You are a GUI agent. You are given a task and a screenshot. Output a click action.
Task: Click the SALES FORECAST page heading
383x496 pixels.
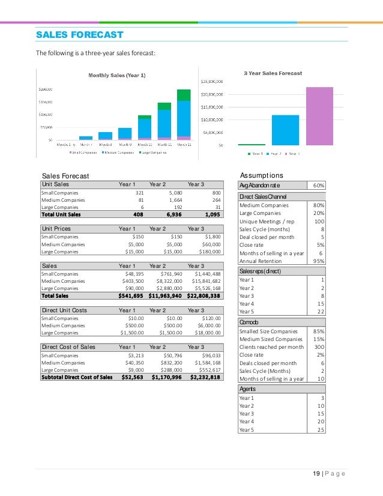(79, 34)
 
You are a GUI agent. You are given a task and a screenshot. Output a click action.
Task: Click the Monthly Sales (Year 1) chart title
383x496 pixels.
(117, 75)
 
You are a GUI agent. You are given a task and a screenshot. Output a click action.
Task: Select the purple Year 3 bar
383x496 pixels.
(319, 116)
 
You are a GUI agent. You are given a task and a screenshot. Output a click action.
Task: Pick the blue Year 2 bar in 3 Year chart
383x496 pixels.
(285, 130)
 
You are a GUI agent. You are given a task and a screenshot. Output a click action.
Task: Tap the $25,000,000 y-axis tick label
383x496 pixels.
(211, 81)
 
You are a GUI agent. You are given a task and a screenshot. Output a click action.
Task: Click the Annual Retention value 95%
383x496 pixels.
(318, 261)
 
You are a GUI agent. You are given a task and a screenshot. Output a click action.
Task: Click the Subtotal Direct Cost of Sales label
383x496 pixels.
(77, 377)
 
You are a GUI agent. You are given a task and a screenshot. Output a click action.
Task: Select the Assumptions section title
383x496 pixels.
(261, 175)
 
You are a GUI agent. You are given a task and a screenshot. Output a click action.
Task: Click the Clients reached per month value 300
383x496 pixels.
(319, 346)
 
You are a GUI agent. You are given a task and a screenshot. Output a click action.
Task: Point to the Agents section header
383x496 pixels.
(247, 389)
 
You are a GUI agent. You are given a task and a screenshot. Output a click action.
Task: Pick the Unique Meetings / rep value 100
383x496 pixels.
(319, 222)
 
